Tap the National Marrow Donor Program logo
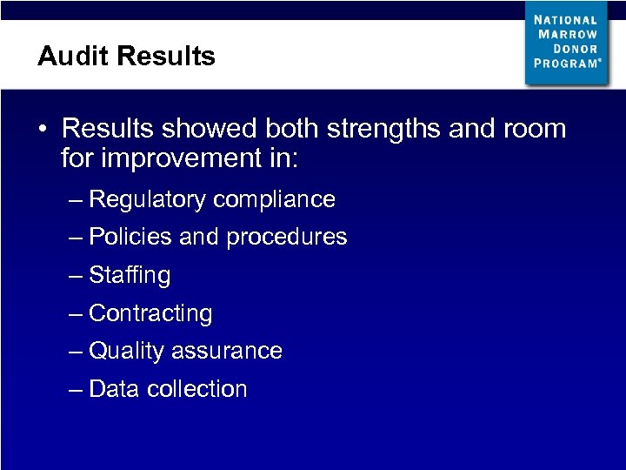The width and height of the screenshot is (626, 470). coord(566,43)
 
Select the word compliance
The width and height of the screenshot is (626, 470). coord(274,200)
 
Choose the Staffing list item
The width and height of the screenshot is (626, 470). coord(130,276)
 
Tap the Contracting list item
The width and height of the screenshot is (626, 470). coord(150,313)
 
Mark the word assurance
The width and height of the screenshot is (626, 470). coord(227,351)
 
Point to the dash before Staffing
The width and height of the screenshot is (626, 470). coord(76,276)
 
